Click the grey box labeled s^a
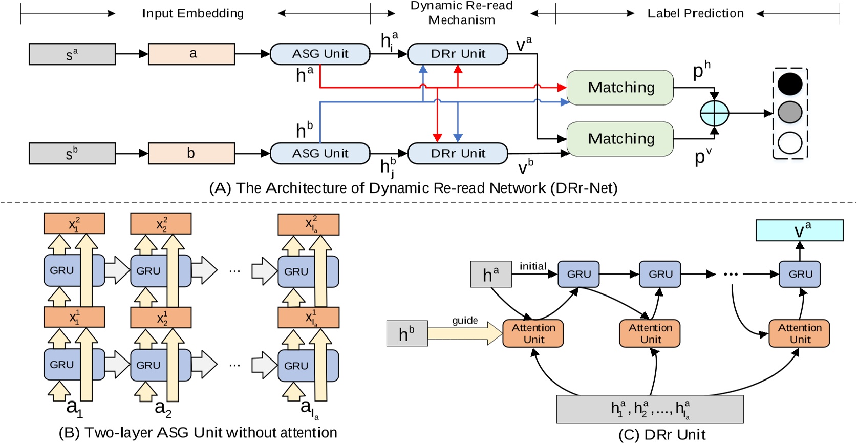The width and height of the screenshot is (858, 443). [72, 54]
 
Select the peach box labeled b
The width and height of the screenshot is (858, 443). [191, 153]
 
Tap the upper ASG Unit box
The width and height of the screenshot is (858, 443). [320, 54]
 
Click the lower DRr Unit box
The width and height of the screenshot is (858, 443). [458, 153]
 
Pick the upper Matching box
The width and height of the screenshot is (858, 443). [620, 88]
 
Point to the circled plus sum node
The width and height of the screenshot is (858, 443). [714, 113]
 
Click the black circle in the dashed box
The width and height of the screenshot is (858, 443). [790, 84]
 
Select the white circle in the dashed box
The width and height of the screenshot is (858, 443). [790, 143]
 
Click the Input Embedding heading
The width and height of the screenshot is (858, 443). [192, 13]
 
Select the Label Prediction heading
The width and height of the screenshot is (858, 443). [695, 13]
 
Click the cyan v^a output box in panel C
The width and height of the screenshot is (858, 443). [800, 230]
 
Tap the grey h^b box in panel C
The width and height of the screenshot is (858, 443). [407, 333]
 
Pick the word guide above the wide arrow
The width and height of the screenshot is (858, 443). [465, 321]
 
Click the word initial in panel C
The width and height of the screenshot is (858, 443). [533, 266]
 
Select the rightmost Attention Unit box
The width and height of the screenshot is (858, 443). [799, 333]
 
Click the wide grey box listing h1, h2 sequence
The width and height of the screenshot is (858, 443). [650, 409]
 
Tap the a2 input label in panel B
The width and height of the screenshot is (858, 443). [163, 408]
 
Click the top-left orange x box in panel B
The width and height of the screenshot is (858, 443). [74, 224]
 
